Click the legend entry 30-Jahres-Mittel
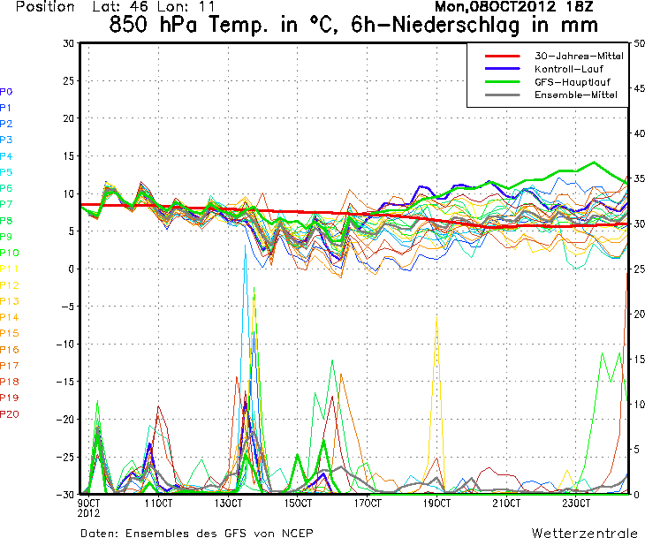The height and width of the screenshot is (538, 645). tap(579, 56)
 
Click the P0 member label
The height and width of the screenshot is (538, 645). tap(6, 91)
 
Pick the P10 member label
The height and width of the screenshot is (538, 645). tap(9, 253)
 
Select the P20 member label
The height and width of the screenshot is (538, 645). tap(9, 413)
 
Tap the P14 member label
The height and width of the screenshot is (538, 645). tap(9, 317)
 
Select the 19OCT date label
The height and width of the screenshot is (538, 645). tap(436, 504)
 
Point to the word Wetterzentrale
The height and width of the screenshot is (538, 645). tap(583, 533)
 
